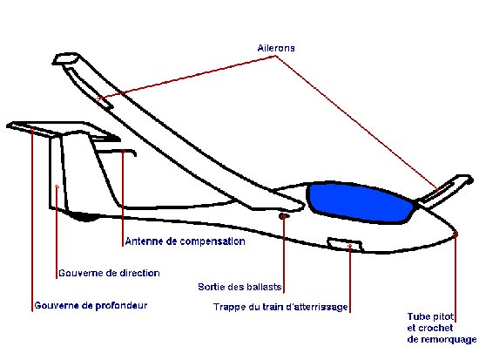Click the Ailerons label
click(276, 48)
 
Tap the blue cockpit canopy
click(361, 202)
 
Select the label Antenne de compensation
click(186, 241)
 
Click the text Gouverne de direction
click(109, 273)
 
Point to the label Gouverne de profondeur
click(91, 306)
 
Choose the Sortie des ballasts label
click(239, 287)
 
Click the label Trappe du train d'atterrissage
click(280, 307)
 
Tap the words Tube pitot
click(431, 316)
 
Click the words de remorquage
click(442, 339)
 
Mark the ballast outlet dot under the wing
click(283, 216)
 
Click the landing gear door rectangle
click(345, 244)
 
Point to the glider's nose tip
click(455, 233)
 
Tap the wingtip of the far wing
click(66, 58)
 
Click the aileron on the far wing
click(89, 88)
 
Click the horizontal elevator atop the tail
click(61, 130)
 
